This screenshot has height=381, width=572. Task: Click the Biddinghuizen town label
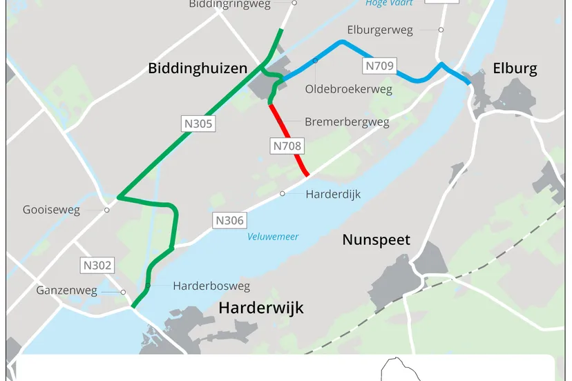198,68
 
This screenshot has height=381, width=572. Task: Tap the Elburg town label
515,68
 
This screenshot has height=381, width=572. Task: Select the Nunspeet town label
376,240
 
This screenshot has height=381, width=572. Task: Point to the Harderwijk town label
261,308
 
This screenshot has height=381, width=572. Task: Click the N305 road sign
198,124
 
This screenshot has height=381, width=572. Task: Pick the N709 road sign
379,66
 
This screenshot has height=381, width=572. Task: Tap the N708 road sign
287,146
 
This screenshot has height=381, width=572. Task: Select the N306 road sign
229,221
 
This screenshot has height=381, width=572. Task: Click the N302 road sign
97,265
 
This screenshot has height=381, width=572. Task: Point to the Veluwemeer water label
274,237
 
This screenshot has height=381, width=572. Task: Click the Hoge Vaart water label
389,3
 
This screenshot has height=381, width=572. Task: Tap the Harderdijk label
333,194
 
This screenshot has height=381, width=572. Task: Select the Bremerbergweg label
347,122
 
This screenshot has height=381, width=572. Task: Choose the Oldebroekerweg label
348,90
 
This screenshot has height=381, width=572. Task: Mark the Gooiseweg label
51,210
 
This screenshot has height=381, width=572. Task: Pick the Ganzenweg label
66,291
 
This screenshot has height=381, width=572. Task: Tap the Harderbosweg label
211,286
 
